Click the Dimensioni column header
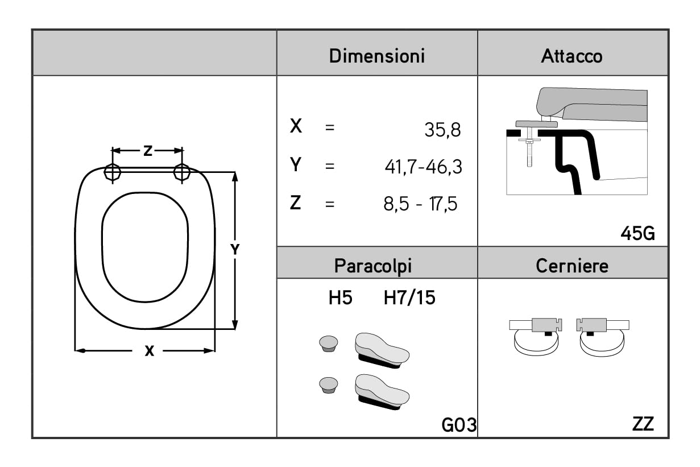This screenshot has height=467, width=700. click(377, 56)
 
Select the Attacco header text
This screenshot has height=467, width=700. click(571, 56)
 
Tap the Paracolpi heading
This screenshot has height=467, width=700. click(373, 267)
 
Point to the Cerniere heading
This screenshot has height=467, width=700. click(572, 266)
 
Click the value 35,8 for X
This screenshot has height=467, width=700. click(442, 130)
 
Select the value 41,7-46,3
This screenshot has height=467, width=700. click(423, 167)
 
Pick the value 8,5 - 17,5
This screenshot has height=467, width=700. click(420, 204)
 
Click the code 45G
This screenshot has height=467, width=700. click(637, 233)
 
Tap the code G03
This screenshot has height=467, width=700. click(459, 425)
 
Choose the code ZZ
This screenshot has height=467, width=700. click(643, 424)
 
